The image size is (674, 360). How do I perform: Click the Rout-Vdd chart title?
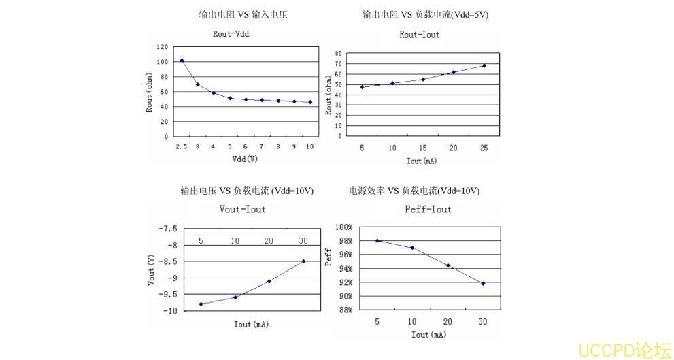click(232, 34)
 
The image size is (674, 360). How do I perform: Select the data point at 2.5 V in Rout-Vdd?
click(182, 61)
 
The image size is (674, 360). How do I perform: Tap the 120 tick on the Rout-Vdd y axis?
click(162, 47)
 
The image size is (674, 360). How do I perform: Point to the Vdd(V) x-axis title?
click(244, 159)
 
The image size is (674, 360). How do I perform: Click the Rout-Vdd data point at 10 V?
click(310, 102)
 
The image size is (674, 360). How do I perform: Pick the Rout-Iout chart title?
click(419, 35)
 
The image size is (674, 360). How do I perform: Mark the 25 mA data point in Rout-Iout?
click(484, 65)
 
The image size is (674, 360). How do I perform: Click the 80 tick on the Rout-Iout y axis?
click(337, 52)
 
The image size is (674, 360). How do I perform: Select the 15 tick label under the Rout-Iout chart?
click(422, 148)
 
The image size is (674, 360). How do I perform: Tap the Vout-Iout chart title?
click(242, 209)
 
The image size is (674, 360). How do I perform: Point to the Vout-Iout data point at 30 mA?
click(303, 261)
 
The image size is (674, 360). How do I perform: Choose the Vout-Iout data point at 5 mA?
click(201, 304)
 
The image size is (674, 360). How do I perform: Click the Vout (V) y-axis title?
click(151, 269)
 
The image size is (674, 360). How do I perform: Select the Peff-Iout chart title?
click(428, 209)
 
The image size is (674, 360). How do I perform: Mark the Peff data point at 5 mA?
click(377, 240)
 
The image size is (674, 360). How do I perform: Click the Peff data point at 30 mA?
click(483, 284)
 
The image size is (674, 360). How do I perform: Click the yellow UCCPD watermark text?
click(624, 350)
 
